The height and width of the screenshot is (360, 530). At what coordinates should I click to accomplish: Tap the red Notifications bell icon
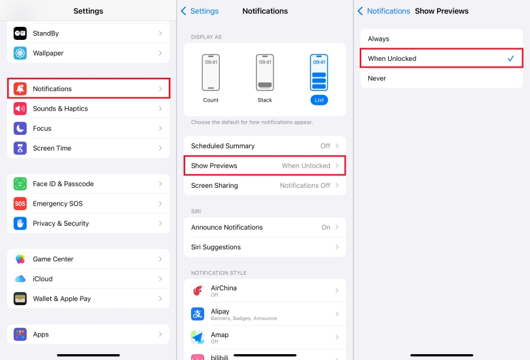(20, 88)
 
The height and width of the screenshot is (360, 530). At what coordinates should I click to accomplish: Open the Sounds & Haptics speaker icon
(20, 109)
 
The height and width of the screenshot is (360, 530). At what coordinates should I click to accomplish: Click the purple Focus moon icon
(20, 128)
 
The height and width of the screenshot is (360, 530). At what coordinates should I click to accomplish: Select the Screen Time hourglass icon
(20, 148)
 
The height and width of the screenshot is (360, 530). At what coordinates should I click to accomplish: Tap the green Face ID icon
(20, 184)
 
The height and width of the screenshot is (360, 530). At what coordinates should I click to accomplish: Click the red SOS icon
(20, 204)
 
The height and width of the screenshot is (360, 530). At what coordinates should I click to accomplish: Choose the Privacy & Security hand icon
(20, 223)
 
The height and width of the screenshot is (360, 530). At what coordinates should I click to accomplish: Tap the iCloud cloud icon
(20, 279)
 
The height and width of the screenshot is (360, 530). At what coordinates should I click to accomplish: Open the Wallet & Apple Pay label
(62, 298)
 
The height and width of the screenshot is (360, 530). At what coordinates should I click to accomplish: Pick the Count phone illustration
(211, 73)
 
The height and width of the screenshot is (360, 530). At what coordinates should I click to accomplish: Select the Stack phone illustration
(264, 73)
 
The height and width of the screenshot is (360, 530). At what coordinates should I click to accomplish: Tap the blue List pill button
(319, 100)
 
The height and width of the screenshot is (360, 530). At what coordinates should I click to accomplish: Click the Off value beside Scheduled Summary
(325, 146)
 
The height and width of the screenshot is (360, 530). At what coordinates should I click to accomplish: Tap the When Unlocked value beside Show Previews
(306, 166)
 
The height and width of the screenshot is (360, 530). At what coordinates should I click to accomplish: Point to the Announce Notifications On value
(325, 228)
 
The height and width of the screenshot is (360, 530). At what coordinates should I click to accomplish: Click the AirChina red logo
(198, 291)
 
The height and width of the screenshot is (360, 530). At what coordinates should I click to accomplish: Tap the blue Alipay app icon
(198, 314)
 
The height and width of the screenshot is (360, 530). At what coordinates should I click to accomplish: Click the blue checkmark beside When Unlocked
(510, 58)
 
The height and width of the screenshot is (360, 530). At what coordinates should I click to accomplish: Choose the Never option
(377, 79)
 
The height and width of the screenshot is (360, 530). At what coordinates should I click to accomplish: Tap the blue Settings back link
(200, 11)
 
